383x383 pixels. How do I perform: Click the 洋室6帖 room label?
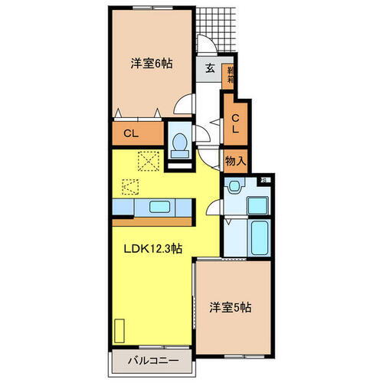click(152, 64)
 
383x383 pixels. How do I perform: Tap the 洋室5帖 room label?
click(231, 307)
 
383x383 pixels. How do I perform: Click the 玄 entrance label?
click(209, 67)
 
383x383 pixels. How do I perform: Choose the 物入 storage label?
click(235, 161)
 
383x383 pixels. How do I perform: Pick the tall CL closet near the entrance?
click(237, 123)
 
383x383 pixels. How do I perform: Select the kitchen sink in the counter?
click(161, 207)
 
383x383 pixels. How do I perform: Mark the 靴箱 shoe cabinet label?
click(228, 75)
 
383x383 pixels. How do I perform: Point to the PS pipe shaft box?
click(263, 181)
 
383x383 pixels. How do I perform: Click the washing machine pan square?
click(259, 205)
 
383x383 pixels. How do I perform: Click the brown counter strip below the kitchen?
click(153, 221)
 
